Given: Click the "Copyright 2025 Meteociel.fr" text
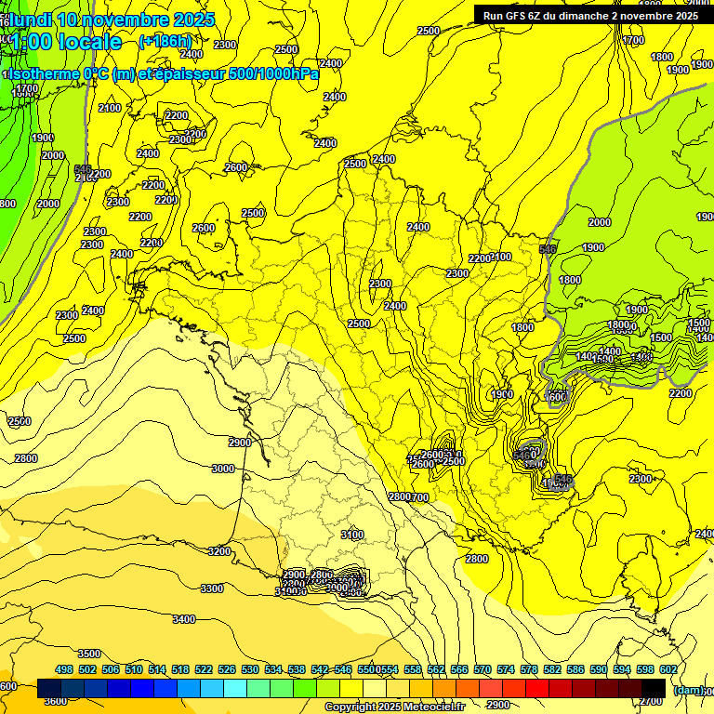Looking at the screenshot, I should [394, 707].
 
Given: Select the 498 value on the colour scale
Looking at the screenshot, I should [64, 669].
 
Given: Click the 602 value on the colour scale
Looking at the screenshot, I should [668, 669].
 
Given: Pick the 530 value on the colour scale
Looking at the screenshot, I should [250, 669].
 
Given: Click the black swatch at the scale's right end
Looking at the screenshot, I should [654, 688].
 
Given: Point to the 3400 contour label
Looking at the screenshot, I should [184, 619].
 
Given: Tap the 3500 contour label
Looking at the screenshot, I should [89, 654].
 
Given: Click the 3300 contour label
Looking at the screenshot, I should [212, 588].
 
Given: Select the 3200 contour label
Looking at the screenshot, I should [218, 551].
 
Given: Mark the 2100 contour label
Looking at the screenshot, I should [110, 108].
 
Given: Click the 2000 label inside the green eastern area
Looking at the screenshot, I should [600, 222].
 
